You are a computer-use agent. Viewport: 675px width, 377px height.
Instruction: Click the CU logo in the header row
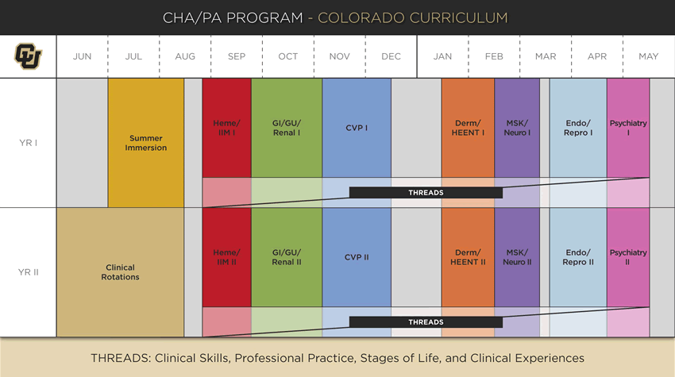29,56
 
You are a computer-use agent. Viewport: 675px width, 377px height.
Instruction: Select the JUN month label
82,56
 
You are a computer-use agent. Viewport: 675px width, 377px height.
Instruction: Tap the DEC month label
391,56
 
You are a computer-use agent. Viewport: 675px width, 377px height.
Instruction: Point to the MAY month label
648,56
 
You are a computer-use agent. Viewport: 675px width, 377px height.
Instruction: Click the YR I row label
29,143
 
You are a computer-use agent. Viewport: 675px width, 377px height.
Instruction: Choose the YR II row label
29,272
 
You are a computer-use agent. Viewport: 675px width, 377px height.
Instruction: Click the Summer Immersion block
146,143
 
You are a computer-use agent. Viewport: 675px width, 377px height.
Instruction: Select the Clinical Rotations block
120,272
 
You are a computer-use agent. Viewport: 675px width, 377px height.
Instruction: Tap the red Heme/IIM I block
226,128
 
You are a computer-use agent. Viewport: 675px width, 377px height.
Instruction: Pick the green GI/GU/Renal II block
287,257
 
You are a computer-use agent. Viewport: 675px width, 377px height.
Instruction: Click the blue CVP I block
357,128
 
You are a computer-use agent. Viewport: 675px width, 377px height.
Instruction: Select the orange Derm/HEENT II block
468,257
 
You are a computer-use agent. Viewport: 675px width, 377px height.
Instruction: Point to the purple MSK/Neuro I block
517,128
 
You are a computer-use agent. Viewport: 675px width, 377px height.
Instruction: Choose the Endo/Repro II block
578,257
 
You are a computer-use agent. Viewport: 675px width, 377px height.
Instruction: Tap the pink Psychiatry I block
628,128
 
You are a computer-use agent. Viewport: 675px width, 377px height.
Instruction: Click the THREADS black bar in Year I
426,193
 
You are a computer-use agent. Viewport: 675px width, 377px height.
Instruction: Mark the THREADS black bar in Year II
426,322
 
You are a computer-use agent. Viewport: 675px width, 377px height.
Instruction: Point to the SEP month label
236,56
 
